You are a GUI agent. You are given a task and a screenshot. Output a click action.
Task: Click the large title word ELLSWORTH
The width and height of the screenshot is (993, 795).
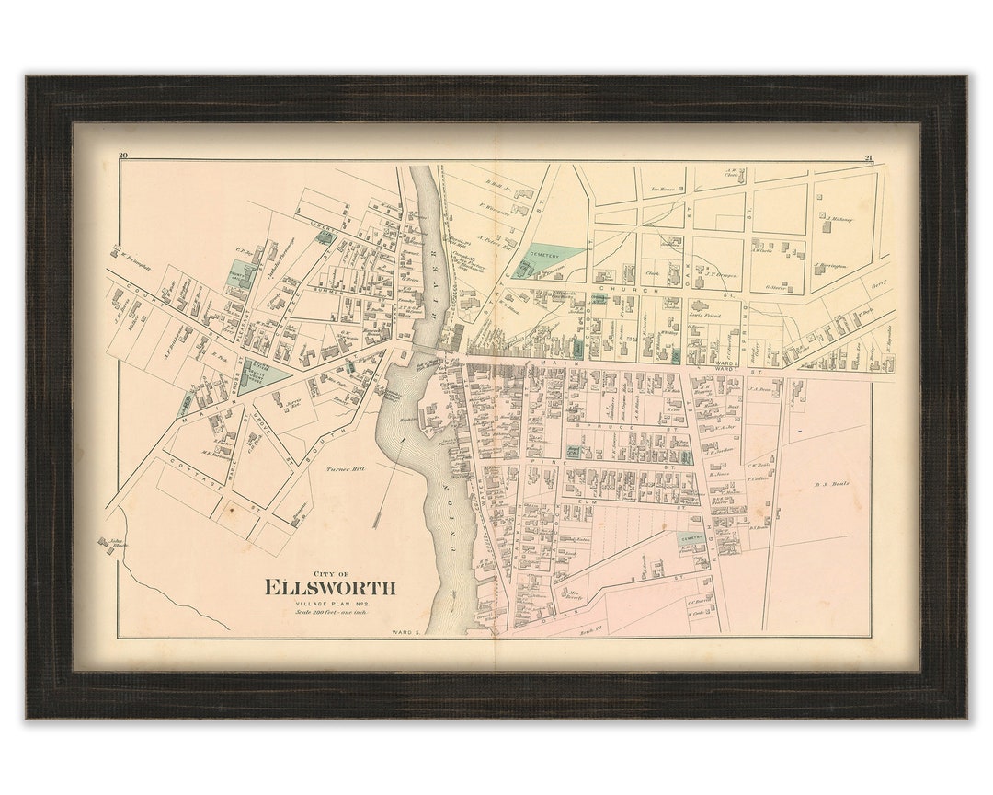(330, 587)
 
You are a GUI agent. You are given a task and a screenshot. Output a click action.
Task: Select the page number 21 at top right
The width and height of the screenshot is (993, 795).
(868, 157)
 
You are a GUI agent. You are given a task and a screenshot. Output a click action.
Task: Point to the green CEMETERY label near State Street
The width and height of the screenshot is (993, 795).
(554, 249)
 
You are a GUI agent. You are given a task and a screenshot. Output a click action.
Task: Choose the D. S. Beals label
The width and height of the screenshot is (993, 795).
(833, 483)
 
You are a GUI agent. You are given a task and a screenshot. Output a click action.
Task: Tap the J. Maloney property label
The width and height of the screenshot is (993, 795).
(839, 219)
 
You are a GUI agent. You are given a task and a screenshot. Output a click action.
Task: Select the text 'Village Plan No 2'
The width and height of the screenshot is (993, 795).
(329, 604)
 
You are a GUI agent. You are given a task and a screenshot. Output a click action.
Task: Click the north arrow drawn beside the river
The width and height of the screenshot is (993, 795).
(377, 497)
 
